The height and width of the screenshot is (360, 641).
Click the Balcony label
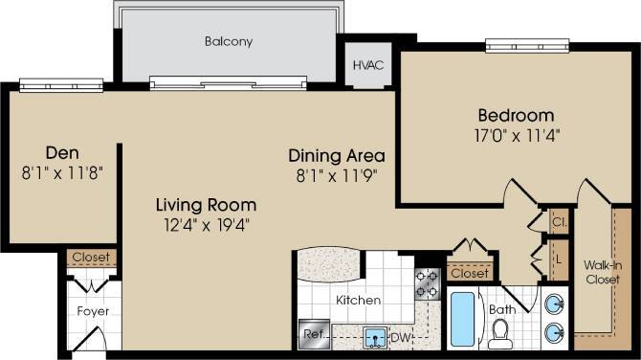[227, 41]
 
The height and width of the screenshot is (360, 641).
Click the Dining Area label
[338, 155]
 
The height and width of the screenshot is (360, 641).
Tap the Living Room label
[207, 204]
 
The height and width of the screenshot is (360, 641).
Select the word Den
[61, 152]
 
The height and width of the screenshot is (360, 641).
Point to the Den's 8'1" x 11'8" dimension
[61, 172]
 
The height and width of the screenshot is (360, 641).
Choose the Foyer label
[92, 312]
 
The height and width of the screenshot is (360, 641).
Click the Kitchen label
[358, 300]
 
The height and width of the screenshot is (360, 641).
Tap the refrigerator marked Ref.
[312, 334]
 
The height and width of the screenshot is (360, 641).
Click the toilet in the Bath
[498, 333]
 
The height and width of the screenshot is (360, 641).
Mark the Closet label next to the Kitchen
[469, 273]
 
